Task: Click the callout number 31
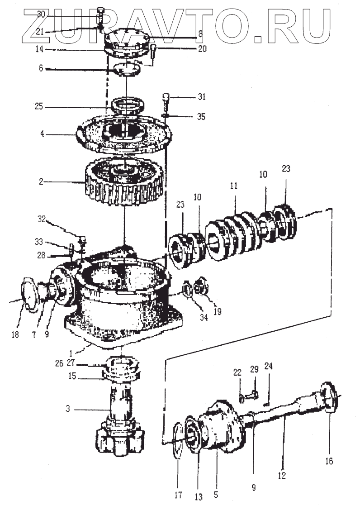click(202, 96)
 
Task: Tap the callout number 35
click(201, 116)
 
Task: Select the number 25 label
click(39, 106)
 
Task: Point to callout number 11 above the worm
click(233, 186)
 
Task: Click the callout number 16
click(329, 461)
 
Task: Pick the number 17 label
click(178, 495)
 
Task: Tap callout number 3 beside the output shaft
click(67, 409)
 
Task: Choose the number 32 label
click(41, 219)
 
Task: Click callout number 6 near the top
click(41, 68)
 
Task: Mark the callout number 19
click(218, 311)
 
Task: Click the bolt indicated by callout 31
click(166, 101)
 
